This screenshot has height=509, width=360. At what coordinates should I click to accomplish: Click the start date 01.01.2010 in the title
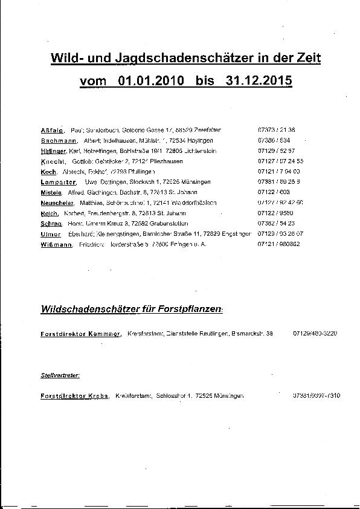(151, 81)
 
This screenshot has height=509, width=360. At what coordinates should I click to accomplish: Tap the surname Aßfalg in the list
(52, 130)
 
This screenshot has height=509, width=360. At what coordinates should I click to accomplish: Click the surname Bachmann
(57, 140)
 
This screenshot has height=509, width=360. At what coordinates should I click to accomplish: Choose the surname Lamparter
(58, 182)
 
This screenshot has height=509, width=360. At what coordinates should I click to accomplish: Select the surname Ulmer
(51, 234)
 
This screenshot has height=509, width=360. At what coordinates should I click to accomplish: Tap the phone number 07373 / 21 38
(276, 130)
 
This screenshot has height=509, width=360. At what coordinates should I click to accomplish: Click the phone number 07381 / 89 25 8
(278, 182)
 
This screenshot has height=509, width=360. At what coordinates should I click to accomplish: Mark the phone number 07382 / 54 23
(276, 224)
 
